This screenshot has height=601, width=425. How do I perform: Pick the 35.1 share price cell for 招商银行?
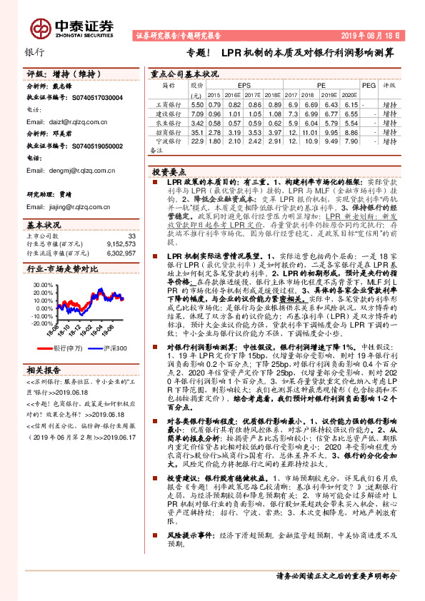[x=197, y=132]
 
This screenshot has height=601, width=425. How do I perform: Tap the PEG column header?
[x=369, y=84]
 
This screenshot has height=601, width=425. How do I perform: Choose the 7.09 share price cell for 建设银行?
[x=197, y=113]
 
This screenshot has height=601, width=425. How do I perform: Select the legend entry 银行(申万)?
[x=66, y=348]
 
